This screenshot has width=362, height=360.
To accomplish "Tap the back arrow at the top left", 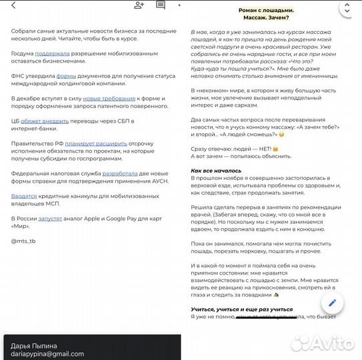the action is point(13,5).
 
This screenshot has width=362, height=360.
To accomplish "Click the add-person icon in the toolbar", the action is point(139,5).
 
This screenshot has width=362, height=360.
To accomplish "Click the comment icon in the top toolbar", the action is point(161,5).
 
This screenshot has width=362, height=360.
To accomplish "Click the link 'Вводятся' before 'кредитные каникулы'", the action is point(24,196).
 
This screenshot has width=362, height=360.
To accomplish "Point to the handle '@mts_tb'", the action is point(24,240).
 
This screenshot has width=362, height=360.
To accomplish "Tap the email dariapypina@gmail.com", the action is point(47,354).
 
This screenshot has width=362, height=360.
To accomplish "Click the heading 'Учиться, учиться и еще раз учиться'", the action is point(241,309).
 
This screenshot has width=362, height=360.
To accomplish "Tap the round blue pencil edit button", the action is point(331,303).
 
